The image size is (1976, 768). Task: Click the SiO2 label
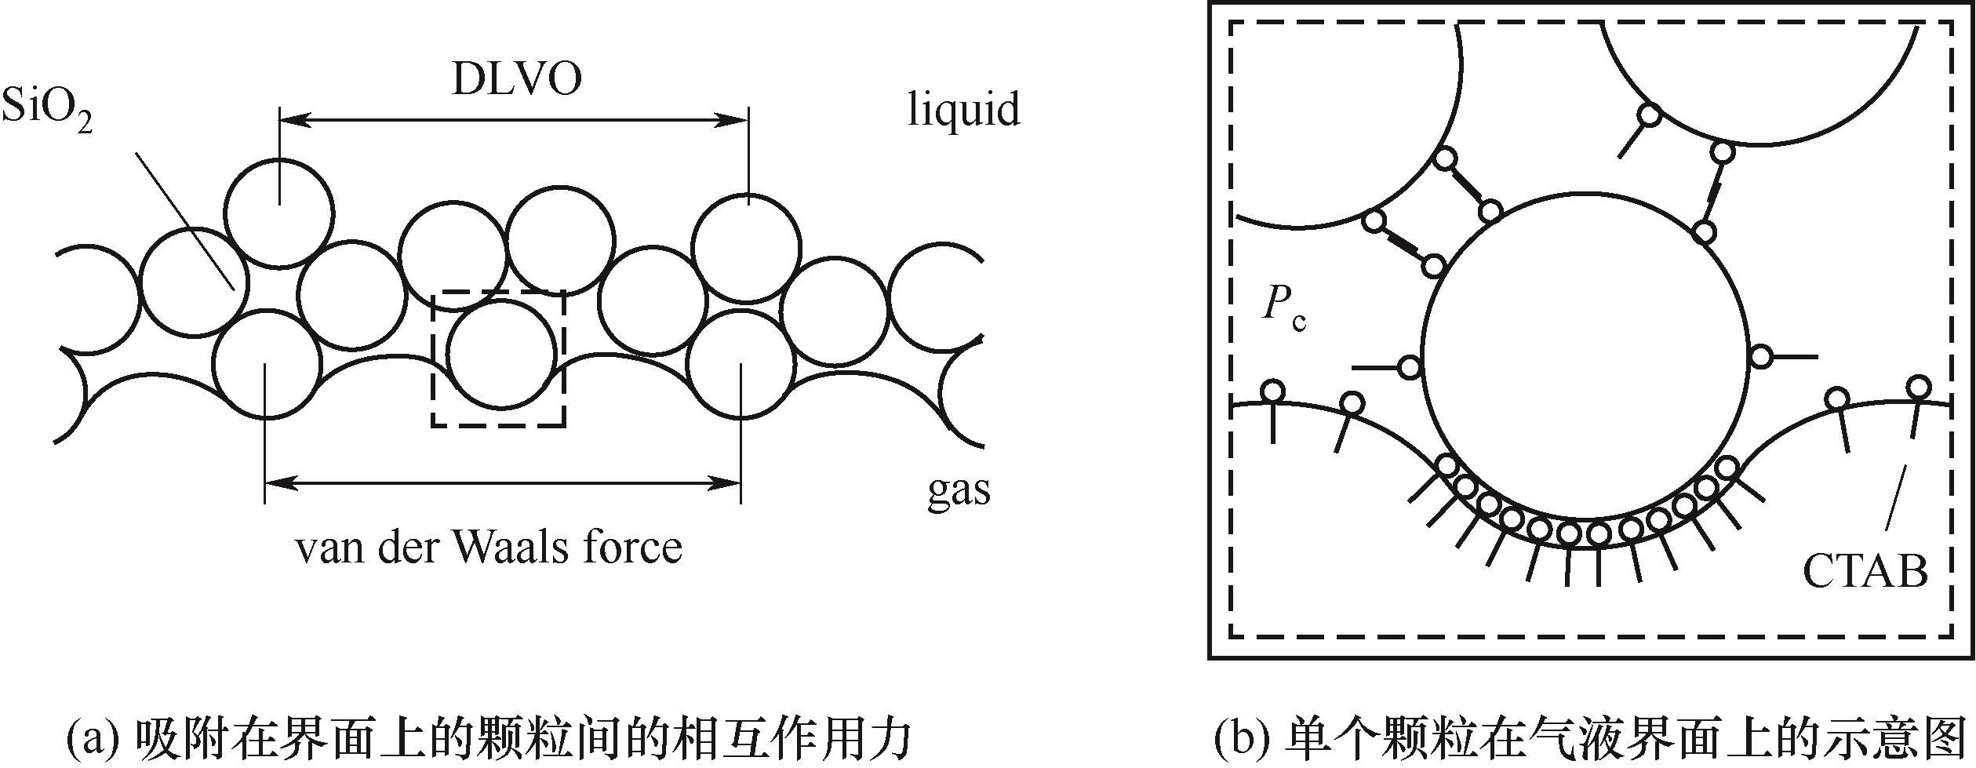tap(47, 111)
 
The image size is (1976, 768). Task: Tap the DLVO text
tap(517, 79)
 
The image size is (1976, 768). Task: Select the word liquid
tap(963, 109)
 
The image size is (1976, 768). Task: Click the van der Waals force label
tap(489, 547)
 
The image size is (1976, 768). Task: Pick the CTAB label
tap(1865, 571)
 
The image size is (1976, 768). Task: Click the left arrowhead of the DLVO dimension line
tap(293, 120)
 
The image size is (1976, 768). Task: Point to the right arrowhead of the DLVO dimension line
tap(734, 120)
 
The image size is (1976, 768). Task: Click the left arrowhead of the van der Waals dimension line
tap(279, 481)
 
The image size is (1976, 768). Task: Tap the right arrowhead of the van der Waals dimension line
tap(728, 481)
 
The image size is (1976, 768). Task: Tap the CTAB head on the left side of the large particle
tap(1410, 366)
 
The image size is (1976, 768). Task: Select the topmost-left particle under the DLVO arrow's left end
tap(279, 212)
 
